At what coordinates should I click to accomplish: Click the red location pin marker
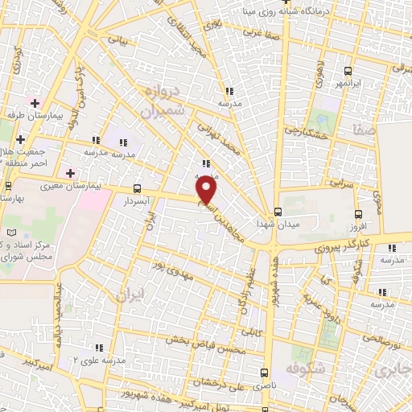pyautogui.click(x=208, y=191)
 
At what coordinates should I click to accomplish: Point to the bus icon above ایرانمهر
pyautogui.click(x=346, y=69)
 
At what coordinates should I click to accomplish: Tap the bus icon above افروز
pyautogui.click(x=358, y=214)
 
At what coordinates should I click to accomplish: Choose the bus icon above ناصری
pyautogui.click(x=264, y=372)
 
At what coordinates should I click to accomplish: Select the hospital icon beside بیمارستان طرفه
pyautogui.click(x=35, y=102)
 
